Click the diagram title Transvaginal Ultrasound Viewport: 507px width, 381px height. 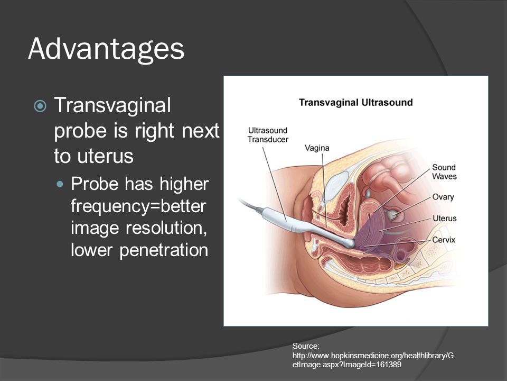[355, 102]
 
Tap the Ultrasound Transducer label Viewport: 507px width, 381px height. [268, 135]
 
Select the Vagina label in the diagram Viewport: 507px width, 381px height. [317, 148]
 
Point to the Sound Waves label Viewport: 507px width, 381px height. [444, 171]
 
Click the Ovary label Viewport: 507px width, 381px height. [443, 197]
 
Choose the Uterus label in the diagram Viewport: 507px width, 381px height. [445, 219]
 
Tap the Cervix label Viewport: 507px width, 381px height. [444, 240]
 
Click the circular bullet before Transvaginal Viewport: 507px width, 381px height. [40, 106]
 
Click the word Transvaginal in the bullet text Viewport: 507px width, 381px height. [112, 105]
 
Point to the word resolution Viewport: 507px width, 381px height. [166, 228]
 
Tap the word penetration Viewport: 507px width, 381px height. [164, 250]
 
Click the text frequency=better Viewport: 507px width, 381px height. [138, 206]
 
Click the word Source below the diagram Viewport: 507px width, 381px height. [306, 346]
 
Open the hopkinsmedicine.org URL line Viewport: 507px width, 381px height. [373, 356]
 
